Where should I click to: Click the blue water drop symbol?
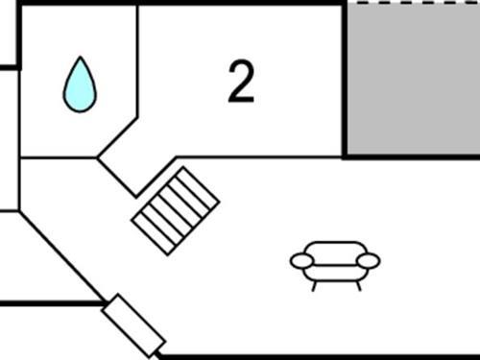[x=80, y=85]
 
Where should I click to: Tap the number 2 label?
[x=241, y=83]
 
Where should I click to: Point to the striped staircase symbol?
[x=176, y=210]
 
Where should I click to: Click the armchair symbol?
[x=335, y=260]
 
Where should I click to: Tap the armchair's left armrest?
[x=301, y=260]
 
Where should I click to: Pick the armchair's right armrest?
[x=369, y=260]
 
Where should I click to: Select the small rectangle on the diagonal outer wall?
[x=133, y=324]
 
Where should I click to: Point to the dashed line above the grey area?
[x=413, y=3]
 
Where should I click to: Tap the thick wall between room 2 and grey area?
[x=345, y=77]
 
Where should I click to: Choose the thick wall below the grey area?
[x=413, y=156]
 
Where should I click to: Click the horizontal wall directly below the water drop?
[x=59, y=157]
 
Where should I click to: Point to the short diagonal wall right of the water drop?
[x=118, y=139]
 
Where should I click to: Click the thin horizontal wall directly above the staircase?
[x=259, y=157]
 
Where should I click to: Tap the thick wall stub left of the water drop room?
[x=9, y=67]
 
